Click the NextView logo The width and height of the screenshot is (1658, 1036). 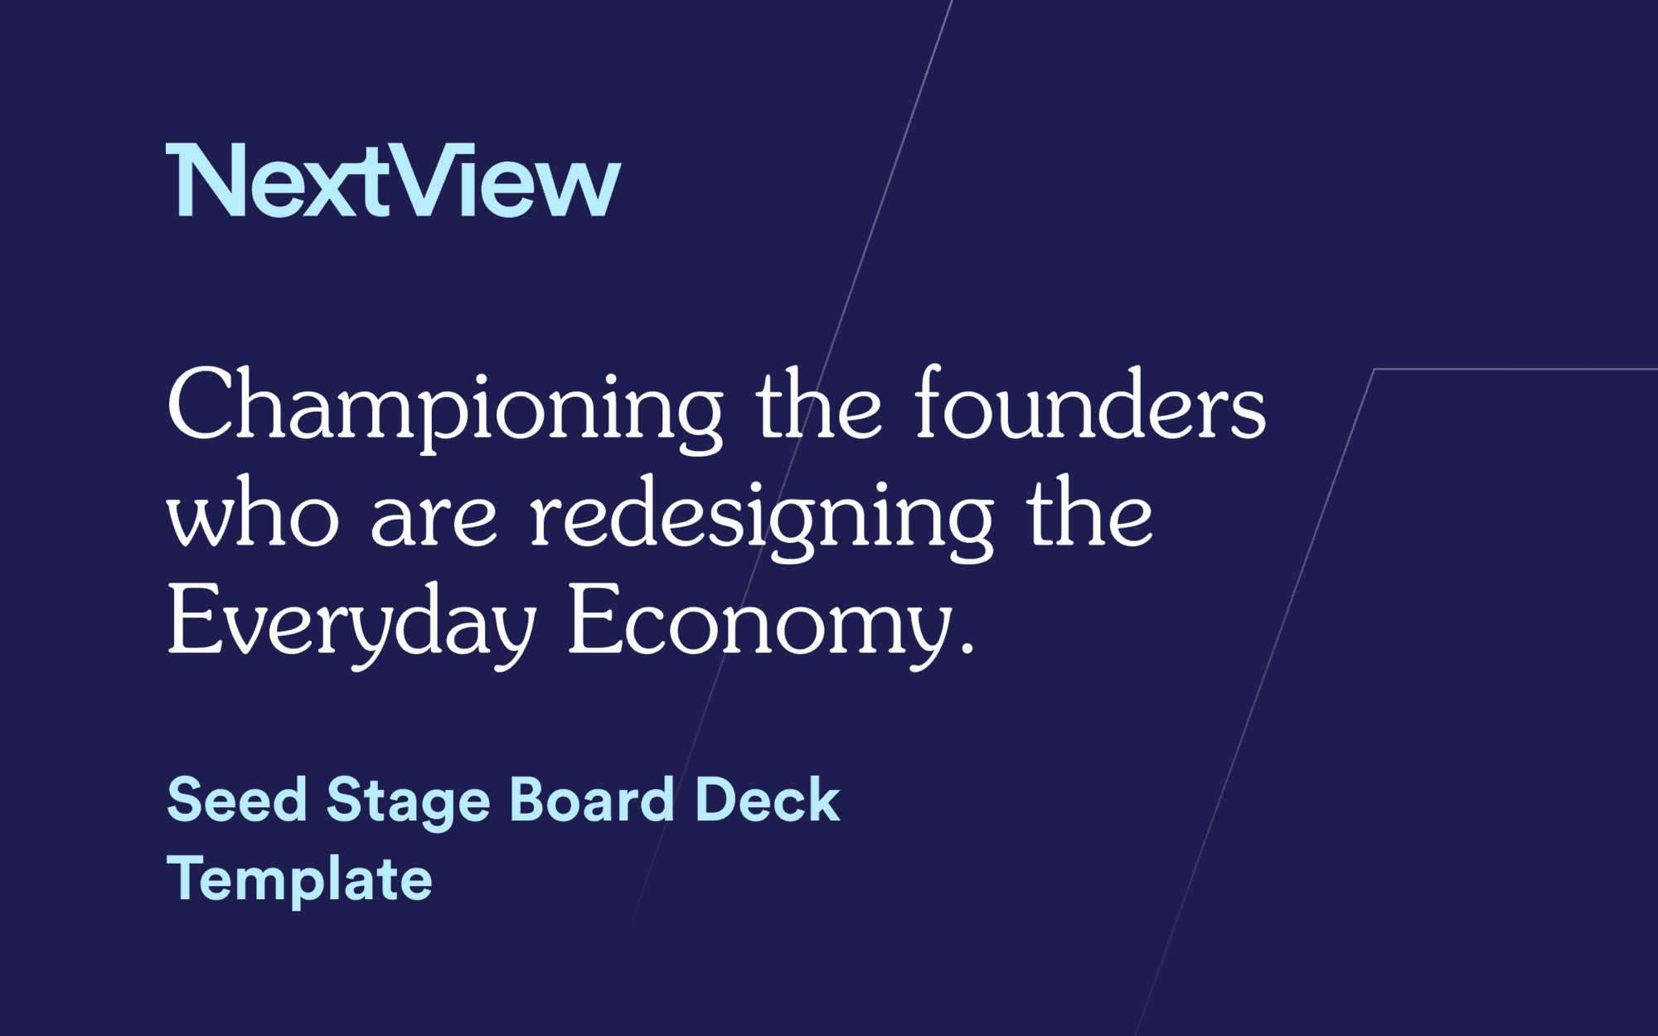pyautogui.click(x=393, y=180)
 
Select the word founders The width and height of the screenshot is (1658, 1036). pyautogui.click(x=1089, y=405)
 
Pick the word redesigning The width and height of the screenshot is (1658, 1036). pyautogui.click(x=761, y=517)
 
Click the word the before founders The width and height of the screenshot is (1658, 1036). pyautogui.click(x=818, y=405)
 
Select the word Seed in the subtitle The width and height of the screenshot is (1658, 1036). pyautogui.click(x=237, y=801)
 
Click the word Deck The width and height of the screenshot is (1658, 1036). pyautogui.click(x=768, y=801)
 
